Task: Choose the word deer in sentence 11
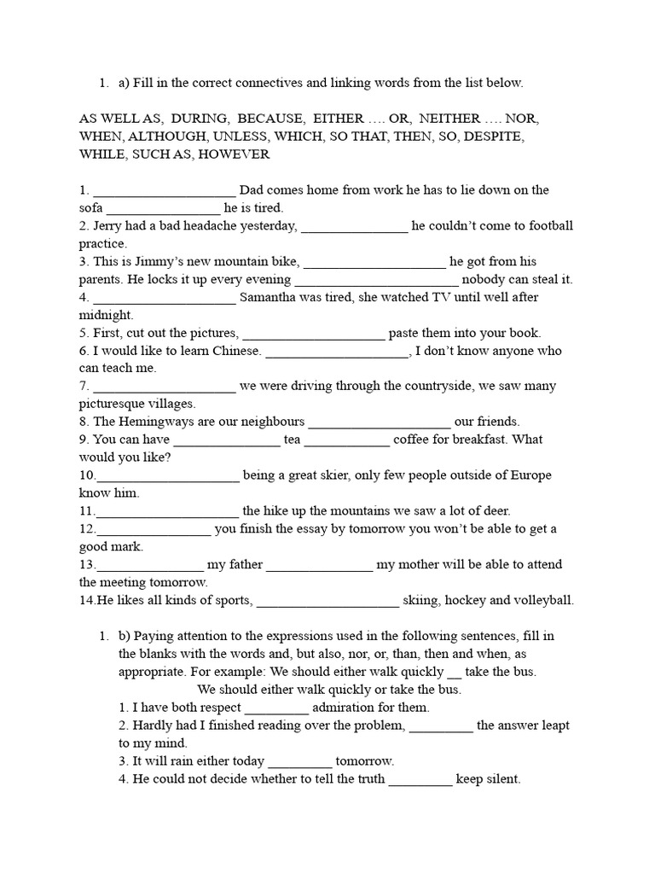pos(495,511)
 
